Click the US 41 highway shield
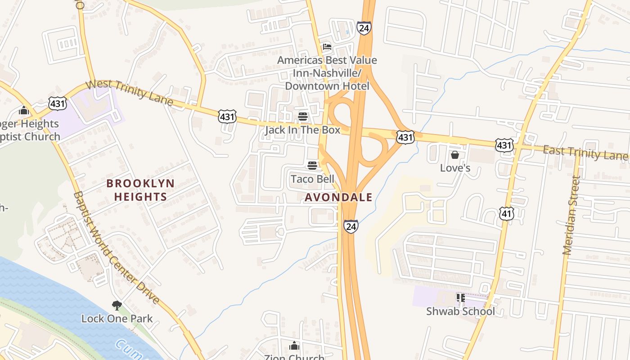click(507, 213)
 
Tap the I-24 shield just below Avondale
click(351, 226)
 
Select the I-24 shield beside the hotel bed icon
click(364, 28)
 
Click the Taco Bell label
click(312, 179)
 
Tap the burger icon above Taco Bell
click(312, 166)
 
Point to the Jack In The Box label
click(302, 130)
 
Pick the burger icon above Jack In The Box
click(302, 117)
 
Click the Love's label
click(455, 168)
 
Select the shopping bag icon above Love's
click(455, 155)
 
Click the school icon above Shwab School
click(460, 297)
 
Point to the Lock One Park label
click(117, 319)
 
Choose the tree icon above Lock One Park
click(117, 306)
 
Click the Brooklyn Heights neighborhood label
click(140, 190)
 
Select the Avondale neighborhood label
click(338, 197)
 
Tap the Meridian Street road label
click(570, 215)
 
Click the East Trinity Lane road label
click(585, 153)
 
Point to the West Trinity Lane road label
click(129, 93)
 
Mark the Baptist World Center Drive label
click(116, 247)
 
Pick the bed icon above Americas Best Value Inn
click(327, 47)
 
